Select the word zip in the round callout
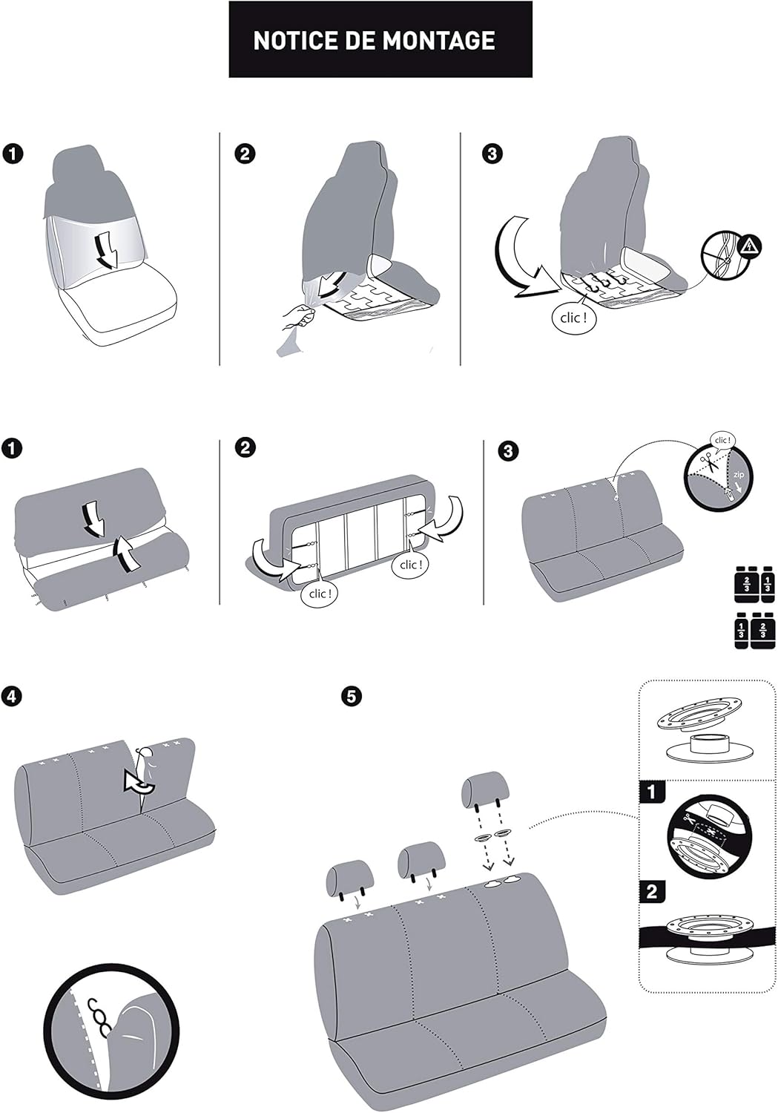[x=738, y=474]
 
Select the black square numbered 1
[x=651, y=792]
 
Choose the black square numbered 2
[x=651, y=890]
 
